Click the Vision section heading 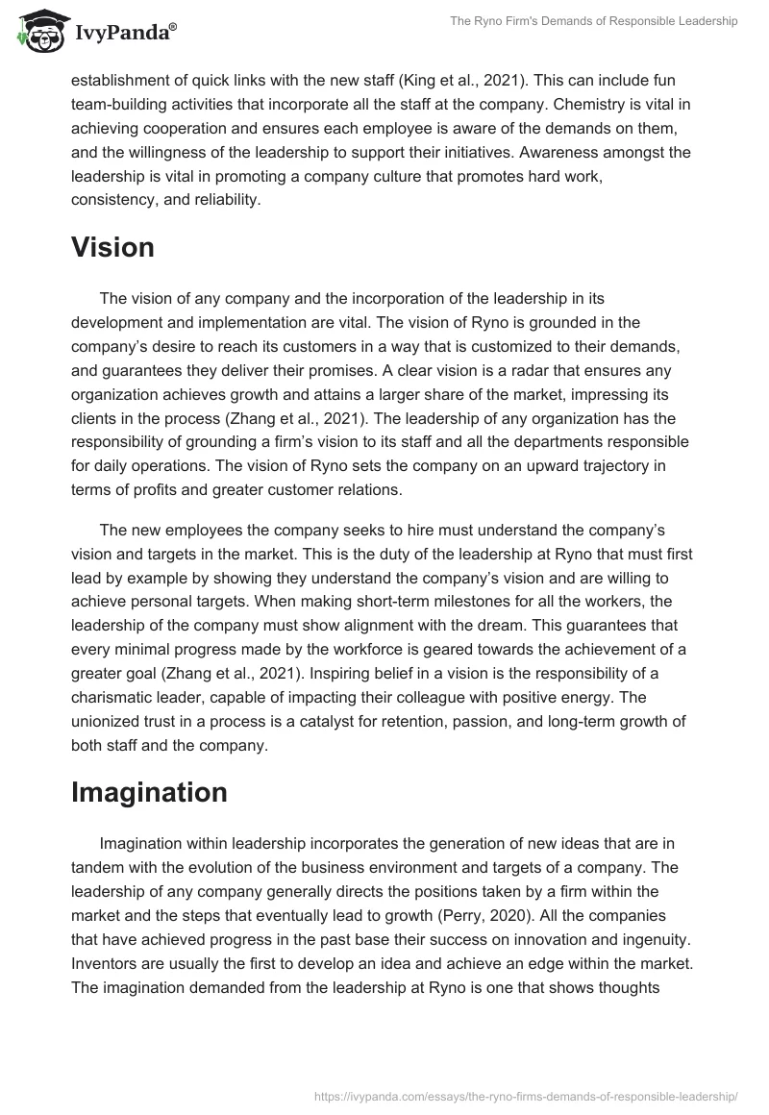112,248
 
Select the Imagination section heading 149,792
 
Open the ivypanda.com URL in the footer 526,1095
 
